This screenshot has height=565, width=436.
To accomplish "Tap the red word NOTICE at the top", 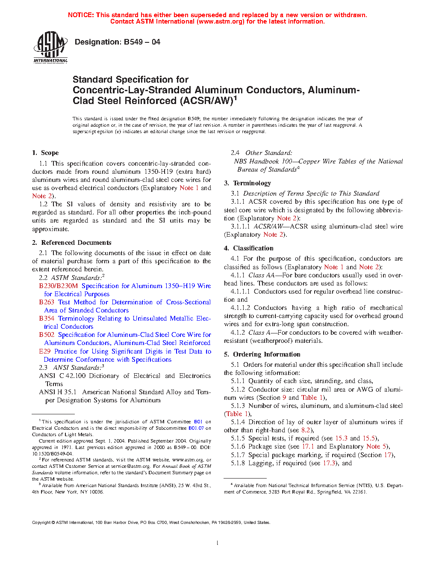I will point(81,15).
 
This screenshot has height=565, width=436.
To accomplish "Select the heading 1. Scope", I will point(45,153).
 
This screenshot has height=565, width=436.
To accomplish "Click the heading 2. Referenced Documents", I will point(71,243).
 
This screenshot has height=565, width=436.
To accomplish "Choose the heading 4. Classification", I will point(249,248).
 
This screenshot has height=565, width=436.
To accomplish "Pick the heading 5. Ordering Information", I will point(262,354).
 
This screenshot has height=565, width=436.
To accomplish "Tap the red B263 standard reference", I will point(47,302).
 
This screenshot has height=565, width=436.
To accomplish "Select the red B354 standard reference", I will point(47,318).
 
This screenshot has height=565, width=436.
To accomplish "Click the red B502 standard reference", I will point(47,335).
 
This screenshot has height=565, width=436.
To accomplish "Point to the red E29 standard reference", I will point(45,351).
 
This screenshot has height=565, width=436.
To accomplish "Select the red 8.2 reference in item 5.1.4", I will point(306,430).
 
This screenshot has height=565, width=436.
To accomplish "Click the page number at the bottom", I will point(218,543).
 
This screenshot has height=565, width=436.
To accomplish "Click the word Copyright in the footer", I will point(41,522).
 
